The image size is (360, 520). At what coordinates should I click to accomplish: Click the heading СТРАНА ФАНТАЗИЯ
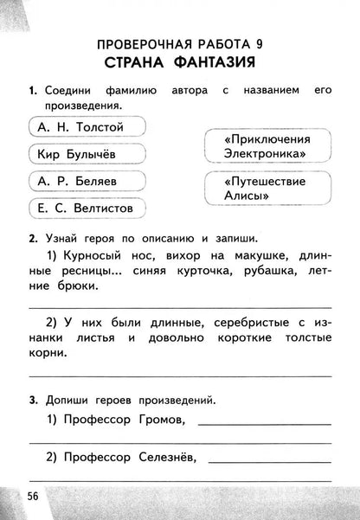[180, 62]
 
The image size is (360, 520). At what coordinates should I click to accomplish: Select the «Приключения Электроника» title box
[266, 146]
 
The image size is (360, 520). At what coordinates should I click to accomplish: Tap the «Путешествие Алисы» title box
[266, 189]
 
